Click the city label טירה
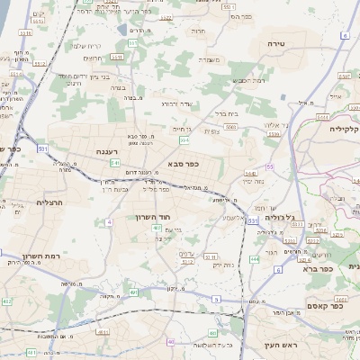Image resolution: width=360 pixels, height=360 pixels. (276, 42)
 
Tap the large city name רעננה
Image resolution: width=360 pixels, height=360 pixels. (108, 153)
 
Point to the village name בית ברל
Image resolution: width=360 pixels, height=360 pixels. (226, 114)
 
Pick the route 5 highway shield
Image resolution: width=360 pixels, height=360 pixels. (215, 298)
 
